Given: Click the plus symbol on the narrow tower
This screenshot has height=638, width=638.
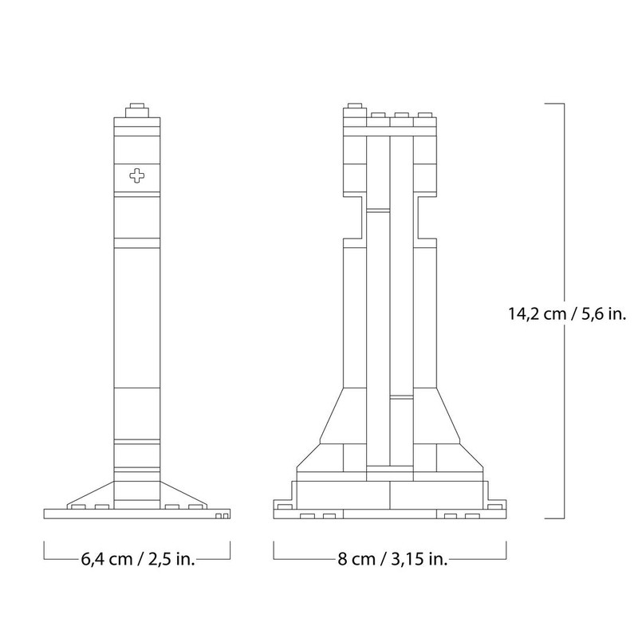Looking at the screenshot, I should [x=138, y=175].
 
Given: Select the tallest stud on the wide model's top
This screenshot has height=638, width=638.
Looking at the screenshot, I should [x=356, y=108].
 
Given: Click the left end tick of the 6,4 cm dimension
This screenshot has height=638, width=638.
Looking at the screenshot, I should [x=44, y=550].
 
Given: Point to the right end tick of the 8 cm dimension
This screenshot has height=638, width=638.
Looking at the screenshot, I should [x=506, y=550].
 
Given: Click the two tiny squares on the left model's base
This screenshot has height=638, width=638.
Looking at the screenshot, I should [x=223, y=516].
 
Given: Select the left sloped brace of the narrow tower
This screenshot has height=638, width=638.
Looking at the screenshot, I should [x=93, y=494].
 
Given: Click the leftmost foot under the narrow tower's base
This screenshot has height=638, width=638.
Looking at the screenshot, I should [x=77, y=506].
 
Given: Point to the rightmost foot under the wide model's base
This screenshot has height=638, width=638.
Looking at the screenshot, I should [x=474, y=516].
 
